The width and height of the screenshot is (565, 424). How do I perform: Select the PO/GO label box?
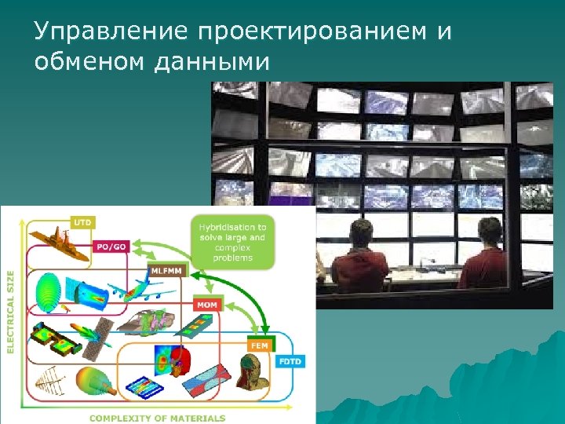tap(110, 246)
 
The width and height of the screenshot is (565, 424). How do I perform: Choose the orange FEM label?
tap(258, 345)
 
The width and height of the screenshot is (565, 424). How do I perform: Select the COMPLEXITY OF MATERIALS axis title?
tap(157, 418)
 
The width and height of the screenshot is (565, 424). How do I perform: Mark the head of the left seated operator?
tap(360, 233)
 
